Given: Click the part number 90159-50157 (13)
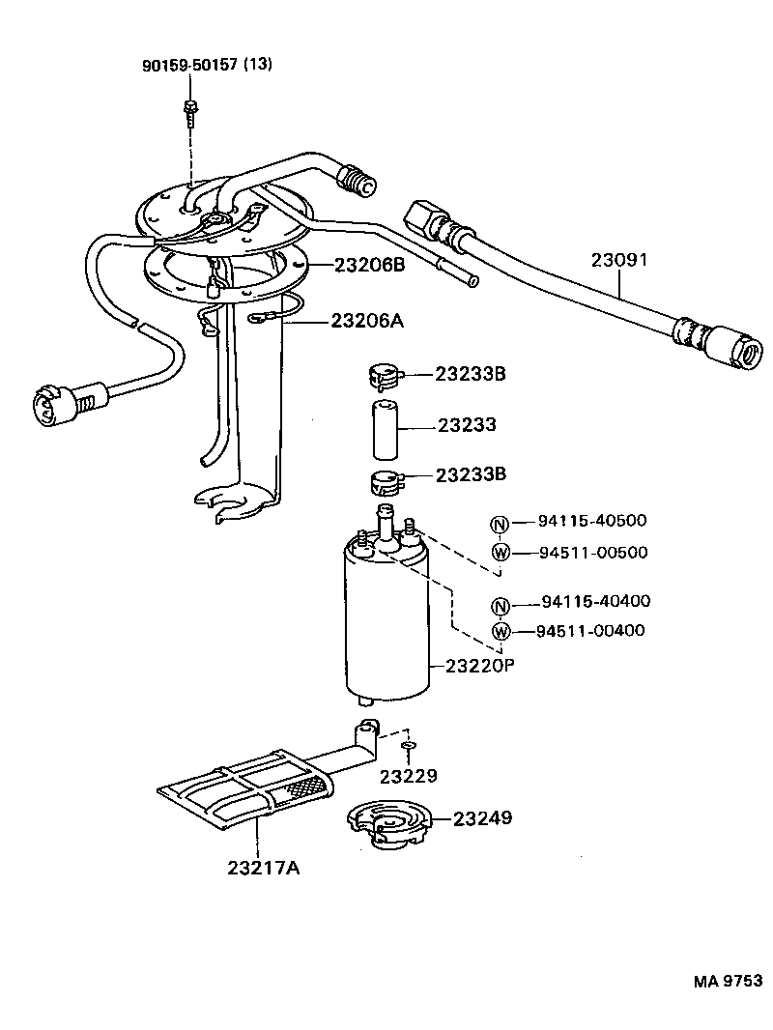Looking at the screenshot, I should tap(208, 65).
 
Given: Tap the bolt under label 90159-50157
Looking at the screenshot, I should tap(190, 112).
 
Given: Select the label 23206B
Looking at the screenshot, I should tap(369, 266).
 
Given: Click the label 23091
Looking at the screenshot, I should tap(618, 260).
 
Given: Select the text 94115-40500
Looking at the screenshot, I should tap(592, 521).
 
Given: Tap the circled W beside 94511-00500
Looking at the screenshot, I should tap(500, 552).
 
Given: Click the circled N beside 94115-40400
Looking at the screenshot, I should tap(500, 606).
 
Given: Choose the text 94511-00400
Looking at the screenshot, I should tap(592, 631).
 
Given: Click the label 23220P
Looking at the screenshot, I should tap(479, 666).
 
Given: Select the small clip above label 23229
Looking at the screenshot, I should tap(408, 747).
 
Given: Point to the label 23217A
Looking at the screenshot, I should tap(264, 868).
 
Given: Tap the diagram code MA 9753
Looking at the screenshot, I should tap(727, 982).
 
